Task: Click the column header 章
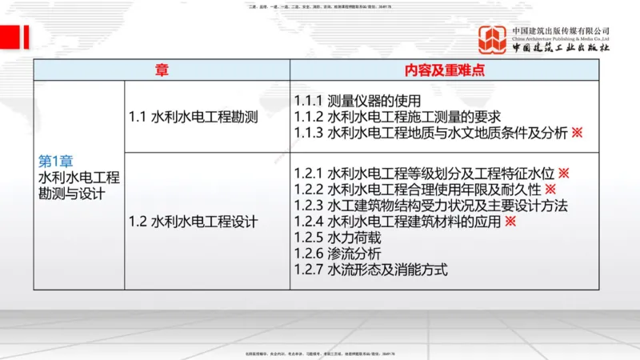162,70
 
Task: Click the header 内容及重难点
446,70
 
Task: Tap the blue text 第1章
56,160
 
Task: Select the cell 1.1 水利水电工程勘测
193,117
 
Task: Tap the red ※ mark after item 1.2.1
563,173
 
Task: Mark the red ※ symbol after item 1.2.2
550,189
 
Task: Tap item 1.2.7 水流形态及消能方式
370,270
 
